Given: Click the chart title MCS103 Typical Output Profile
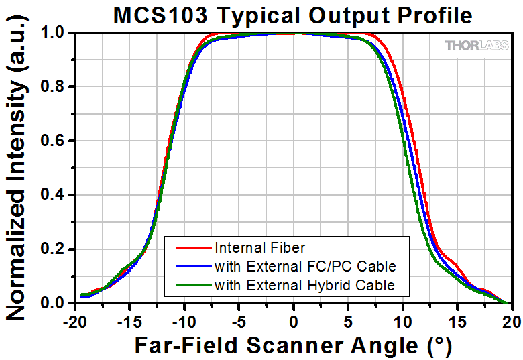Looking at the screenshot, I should [293, 15].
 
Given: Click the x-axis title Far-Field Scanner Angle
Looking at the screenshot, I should [293, 345].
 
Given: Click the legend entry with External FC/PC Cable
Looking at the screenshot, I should [301, 266].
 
